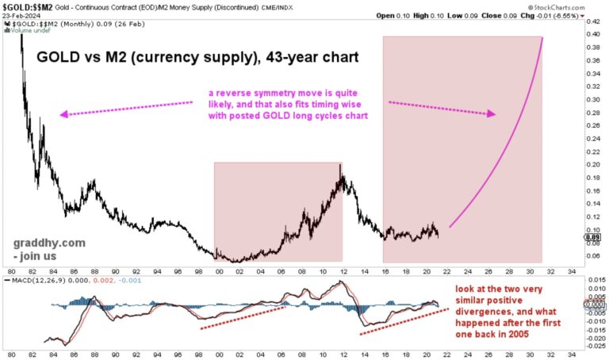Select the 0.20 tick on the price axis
(x=592, y=165)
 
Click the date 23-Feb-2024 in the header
(x=22, y=14)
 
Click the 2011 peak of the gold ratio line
(x=340, y=166)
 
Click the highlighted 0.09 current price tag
(x=592, y=236)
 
